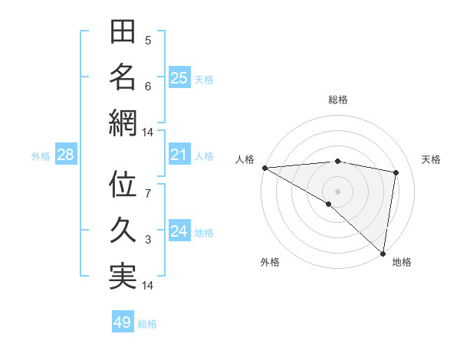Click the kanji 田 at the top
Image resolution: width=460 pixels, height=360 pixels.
point(123,32)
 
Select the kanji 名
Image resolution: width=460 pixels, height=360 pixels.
point(123,77)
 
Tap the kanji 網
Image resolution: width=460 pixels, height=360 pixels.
point(123,123)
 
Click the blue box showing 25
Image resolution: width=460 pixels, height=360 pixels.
point(179,77)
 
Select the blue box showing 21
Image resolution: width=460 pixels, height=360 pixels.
point(179,155)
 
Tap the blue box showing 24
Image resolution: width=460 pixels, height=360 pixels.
point(179,231)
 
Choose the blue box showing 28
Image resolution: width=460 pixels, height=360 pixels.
point(65,155)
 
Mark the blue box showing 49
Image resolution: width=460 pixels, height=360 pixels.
point(122,322)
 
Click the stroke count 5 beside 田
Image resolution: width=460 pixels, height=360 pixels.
point(148,40)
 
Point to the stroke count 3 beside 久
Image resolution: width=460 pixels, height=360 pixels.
point(148,240)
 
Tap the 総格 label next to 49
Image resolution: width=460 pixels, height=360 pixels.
point(147,324)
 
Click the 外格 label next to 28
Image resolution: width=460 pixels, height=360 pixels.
point(41,156)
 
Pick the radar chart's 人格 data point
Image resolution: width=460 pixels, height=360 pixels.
point(264,168)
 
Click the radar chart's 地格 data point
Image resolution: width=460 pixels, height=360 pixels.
point(383,252)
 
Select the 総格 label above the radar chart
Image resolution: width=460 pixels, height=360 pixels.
point(337,100)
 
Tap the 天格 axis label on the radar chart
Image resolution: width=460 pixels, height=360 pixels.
point(431,159)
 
